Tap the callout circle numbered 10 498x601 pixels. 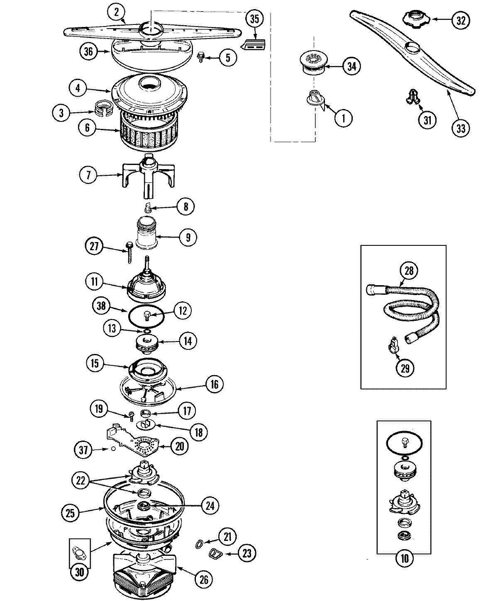405,570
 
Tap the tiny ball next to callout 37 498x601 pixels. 112,449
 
